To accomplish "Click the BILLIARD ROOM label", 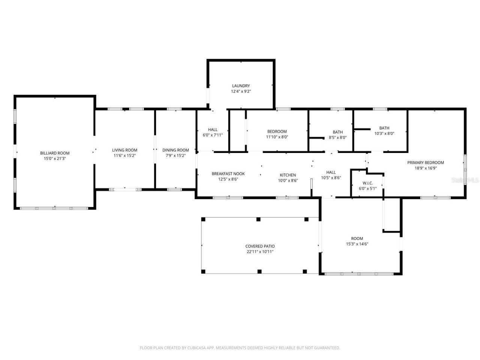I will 55,153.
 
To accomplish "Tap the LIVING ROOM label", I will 125,150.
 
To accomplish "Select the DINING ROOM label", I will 175,150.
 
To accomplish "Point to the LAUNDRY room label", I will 241,86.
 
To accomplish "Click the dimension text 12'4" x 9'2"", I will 241,91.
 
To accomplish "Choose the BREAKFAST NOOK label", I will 228,174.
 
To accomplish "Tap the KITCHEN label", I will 288,175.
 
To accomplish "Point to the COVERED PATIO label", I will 260,246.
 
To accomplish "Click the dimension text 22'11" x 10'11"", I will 260,252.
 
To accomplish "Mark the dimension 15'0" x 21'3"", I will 55,158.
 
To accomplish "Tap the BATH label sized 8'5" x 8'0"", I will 337,132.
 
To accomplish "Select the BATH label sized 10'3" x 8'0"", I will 384,128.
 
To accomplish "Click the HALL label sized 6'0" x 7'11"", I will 213,130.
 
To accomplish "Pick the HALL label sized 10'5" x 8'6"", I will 331,172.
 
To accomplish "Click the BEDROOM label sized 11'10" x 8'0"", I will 277,132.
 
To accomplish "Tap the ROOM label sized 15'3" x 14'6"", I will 357,238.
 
